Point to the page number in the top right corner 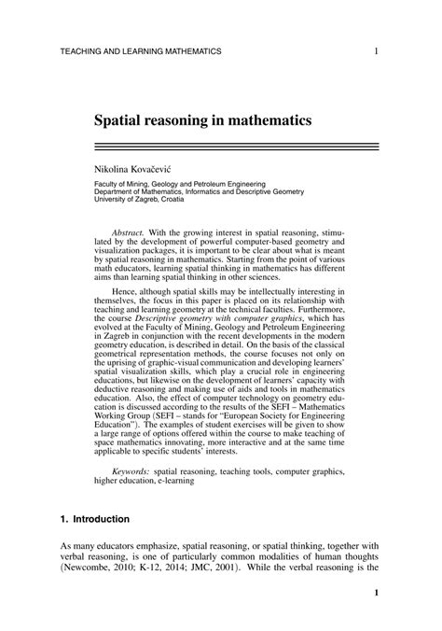[x=375, y=50]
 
